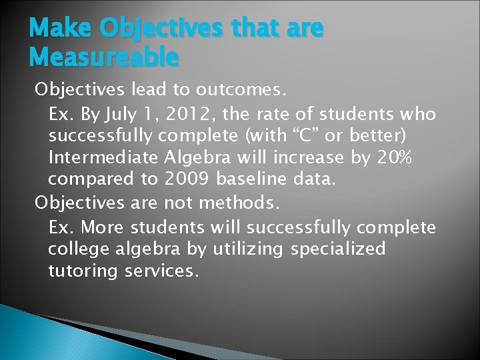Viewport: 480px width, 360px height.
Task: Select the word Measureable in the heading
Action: (104, 57)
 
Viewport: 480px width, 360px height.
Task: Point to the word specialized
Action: (338, 249)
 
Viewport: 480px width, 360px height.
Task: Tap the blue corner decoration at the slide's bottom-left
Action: (33, 337)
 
